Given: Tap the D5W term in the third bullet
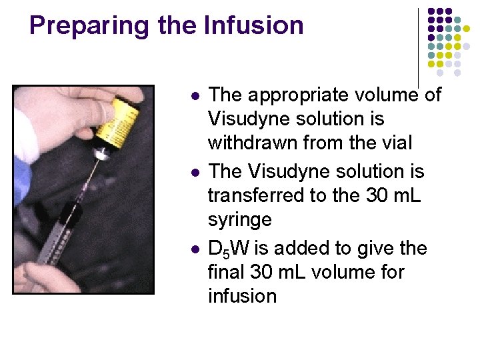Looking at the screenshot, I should click(x=229, y=249).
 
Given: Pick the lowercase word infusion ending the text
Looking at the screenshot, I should click(x=242, y=295).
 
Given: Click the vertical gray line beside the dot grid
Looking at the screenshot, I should click(x=419, y=47).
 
